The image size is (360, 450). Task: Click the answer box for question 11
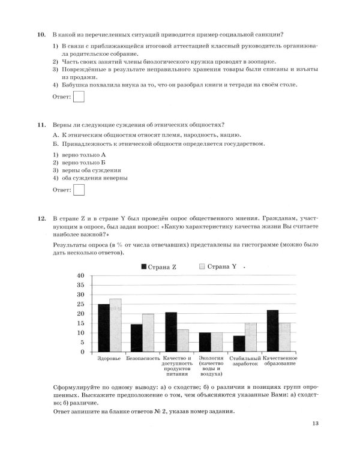[78, 190]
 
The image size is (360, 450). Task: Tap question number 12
[41, 220]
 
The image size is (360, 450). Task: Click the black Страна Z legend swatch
[144, 267]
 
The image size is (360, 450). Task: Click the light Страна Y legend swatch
[202, 267]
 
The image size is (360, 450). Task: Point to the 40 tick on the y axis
[81, 275]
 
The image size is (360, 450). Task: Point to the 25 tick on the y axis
[81, 304]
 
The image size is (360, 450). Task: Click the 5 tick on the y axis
[83, 342]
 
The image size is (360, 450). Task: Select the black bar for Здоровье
[104, 328]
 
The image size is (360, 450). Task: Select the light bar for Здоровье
[115, 325]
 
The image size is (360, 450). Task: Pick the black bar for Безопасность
[137, 338]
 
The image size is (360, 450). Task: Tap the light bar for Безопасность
[148, 332]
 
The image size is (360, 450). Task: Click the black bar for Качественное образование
[273, 331]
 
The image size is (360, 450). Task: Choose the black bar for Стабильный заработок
[239, 343]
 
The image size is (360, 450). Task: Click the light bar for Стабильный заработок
[250, 337]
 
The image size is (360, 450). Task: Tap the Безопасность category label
[143, 358]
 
